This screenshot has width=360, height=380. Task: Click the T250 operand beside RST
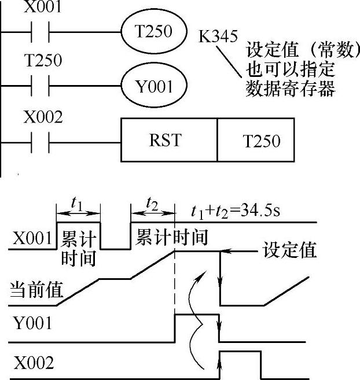[262, 141]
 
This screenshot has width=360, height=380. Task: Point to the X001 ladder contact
[41, 32]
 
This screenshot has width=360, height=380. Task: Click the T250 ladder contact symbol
[41, 86]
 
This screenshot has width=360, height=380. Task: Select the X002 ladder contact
[41, 142]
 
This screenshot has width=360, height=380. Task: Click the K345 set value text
[218, 36]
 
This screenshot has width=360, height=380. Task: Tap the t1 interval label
[77, 204]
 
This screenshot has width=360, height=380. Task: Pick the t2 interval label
[152, 204]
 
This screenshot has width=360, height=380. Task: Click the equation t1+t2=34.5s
[236, 211]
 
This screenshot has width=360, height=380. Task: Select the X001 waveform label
[32, 238]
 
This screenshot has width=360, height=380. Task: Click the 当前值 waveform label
[36, 289]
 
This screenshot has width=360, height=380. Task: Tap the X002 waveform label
[34, 363]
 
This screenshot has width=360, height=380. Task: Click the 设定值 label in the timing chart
[289, 250]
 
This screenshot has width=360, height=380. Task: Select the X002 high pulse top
[240, 351]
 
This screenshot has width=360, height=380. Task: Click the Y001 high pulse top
[197, 315]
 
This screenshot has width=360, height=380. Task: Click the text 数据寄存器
[291, 88]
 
